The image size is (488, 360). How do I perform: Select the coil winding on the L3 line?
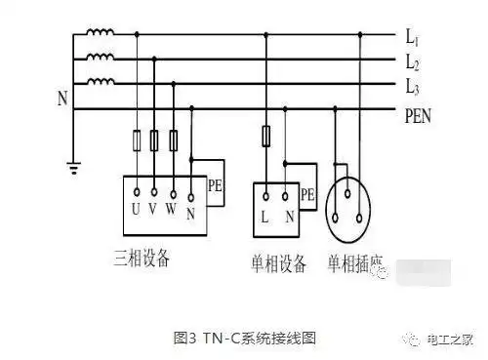click(x=100, y=83)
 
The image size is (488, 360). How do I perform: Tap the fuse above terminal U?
click(x=137, y=141)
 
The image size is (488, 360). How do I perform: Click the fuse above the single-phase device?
click(x=265, y=136)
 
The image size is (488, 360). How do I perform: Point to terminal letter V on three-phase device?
click(x=155, y=207)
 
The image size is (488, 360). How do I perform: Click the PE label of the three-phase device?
click(x=216, y=184)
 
